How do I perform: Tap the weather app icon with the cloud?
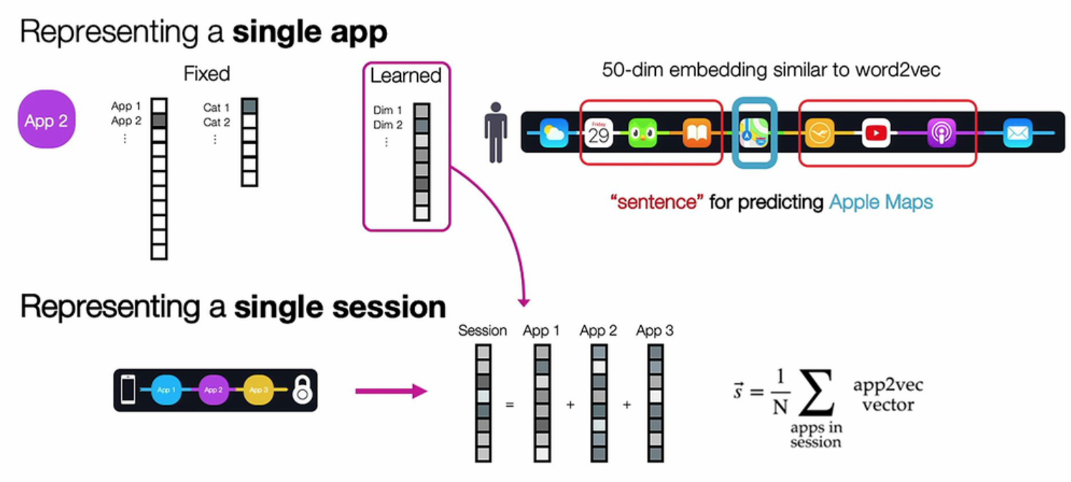553,133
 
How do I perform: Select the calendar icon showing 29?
599,133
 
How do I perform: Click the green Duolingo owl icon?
643,133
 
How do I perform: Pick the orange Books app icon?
696,133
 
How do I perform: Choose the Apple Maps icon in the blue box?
754,133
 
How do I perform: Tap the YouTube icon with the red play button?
876,133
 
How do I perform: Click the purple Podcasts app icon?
941,133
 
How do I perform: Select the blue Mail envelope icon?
1018,133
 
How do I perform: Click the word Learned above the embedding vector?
406,75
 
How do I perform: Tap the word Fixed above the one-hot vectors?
206,74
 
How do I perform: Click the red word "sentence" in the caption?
657,202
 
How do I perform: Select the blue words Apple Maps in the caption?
881,202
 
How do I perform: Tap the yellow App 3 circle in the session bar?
258,390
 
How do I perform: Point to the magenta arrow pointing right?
391,391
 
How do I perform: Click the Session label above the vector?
482,331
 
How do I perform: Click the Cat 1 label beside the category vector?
216,108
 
